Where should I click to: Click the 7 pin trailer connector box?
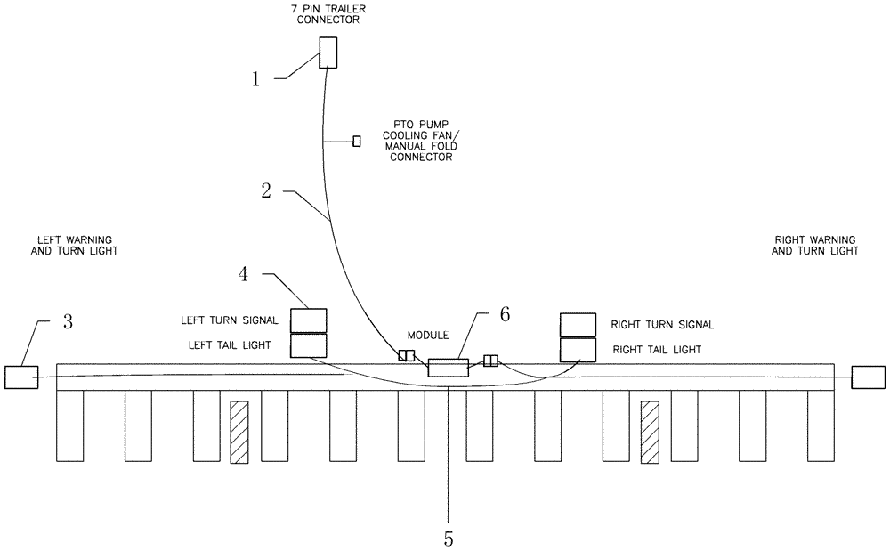click(x=329, y=52)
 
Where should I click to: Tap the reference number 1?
click(x=255, y=79)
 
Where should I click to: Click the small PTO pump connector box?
click(x=357, y=141)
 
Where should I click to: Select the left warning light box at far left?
click(x=21, y=377)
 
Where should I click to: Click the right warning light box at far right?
click(x=868, y=377)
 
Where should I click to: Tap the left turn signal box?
click(x=310, y=320)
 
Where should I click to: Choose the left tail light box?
click(x=310, y=345)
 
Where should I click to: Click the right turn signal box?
click(x=577, y=325)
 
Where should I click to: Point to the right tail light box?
click(x=577, y=350)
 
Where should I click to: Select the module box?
click(x=448, y=368)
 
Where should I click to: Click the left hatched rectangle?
click(x=239, y=432)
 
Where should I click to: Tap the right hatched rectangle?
click(x=650, y=432)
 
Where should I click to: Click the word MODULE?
click(x=427, y=336)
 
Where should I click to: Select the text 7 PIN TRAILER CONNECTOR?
click(x=329, y=13)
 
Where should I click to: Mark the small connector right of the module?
click(x=490, y=361)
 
